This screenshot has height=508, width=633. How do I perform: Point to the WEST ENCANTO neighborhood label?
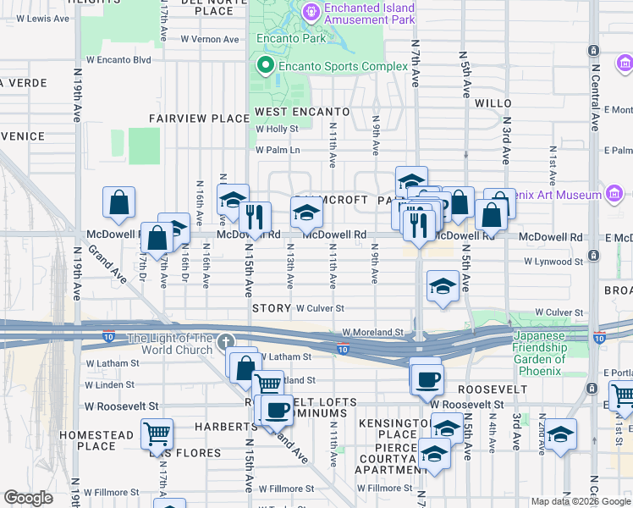(x=302, y=112)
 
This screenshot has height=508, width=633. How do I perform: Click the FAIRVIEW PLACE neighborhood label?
(x=199, y=119)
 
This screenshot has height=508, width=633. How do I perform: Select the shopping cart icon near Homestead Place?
(x=157, y=435)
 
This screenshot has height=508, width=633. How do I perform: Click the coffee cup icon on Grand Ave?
(x=276, y=411)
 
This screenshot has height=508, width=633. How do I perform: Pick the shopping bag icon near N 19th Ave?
(x=119, y=203)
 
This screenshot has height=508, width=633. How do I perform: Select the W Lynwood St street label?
(x=553, y=262)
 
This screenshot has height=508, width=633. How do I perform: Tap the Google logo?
(x=28, y=498)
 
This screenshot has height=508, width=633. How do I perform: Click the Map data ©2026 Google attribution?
(x=581, y=502)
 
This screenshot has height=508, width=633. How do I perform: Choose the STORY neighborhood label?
(x=271, y=309)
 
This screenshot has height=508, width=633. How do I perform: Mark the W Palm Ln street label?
(x=278, y=151)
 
